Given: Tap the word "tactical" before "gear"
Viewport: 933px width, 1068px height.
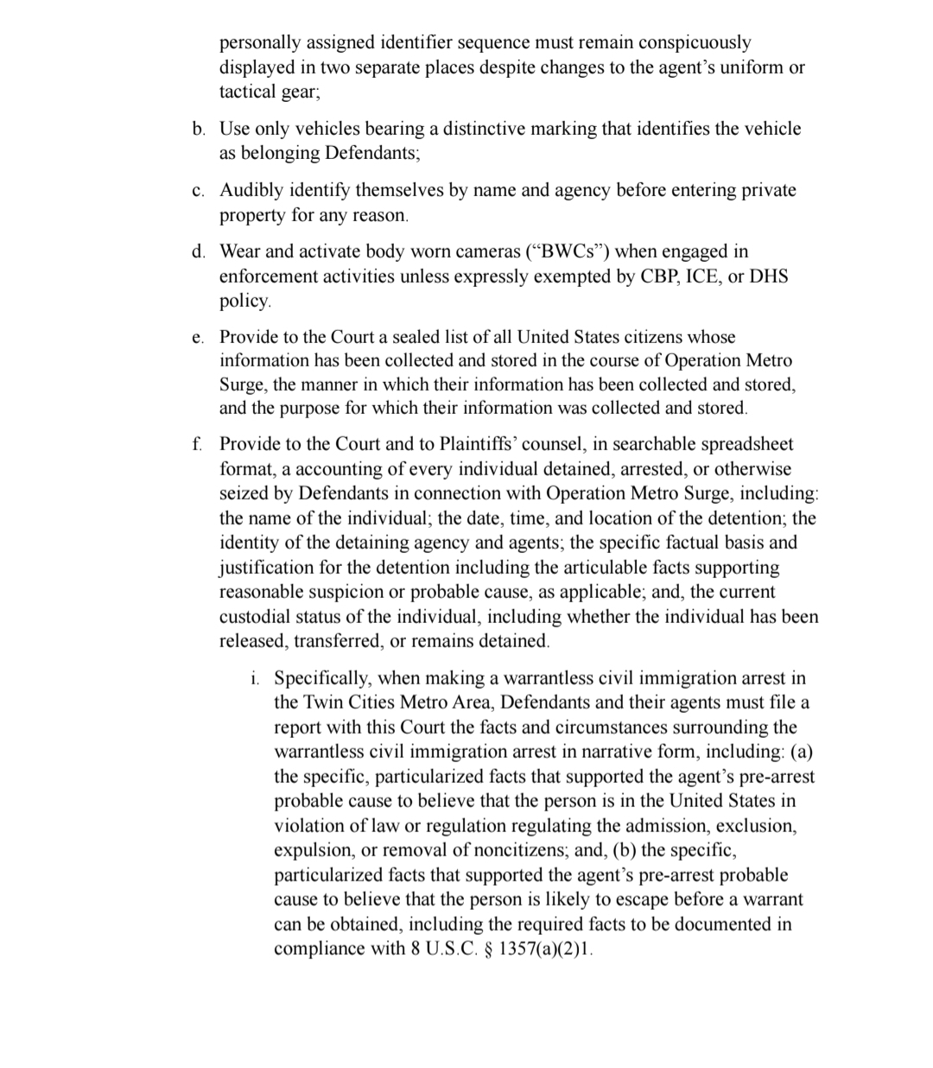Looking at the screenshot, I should click(x=247, y=92).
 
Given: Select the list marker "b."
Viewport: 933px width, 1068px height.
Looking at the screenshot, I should click(x=199, y=130).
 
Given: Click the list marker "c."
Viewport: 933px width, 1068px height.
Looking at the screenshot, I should click(x=199, y=191).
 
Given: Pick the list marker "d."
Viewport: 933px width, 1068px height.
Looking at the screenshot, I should click(x=199, y=252).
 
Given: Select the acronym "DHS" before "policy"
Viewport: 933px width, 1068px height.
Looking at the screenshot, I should click(x=768, y=277).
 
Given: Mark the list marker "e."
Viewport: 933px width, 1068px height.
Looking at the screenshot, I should click(x=199, y=337).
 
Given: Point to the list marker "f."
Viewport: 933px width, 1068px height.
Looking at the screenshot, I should click(x=198, y=445).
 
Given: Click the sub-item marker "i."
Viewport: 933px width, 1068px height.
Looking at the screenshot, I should click(x=255, y=679).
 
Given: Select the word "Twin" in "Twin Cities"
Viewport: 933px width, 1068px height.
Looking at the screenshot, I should click(x=315, y=702).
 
